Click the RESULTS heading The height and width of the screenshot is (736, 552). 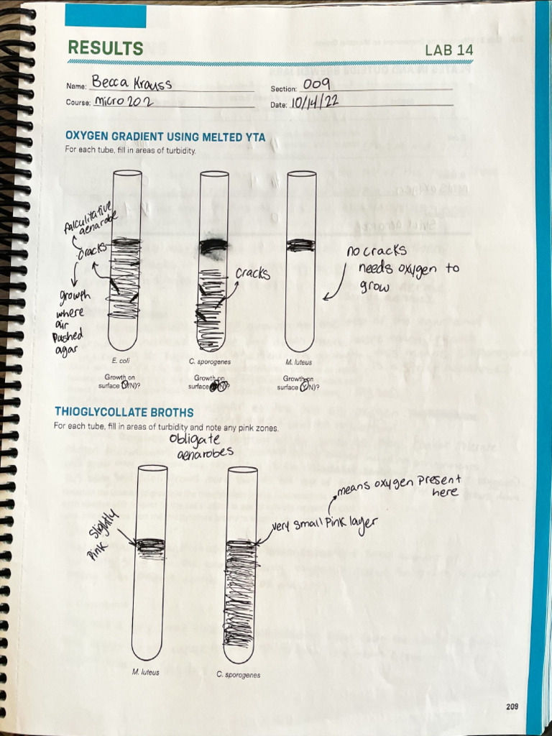point(105,48)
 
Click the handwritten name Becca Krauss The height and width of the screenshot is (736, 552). point(132,83)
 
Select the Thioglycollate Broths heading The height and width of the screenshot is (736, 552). point(124,412)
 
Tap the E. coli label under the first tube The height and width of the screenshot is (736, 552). point(119,362)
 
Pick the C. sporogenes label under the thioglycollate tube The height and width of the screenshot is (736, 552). point(239,675)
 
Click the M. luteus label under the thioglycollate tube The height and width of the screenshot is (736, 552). point(145,672)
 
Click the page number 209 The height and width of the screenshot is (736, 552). point(511,707)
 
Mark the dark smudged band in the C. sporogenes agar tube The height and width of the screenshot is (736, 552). point(213,247)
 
